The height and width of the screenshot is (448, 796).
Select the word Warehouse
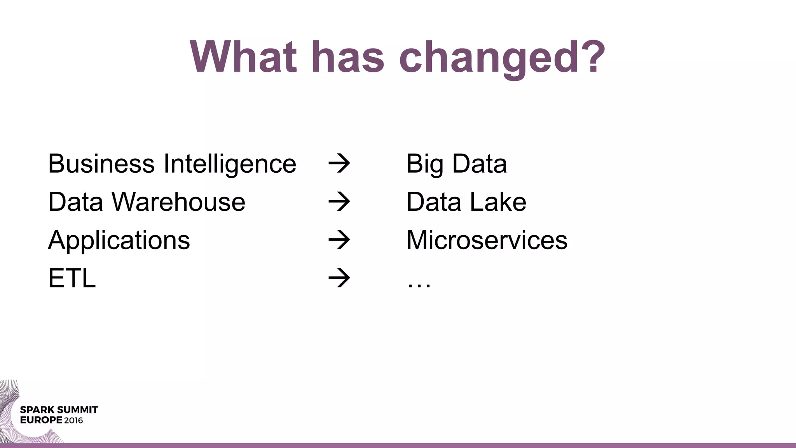coord(178,202)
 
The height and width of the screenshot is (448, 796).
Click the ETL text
coord(72,278)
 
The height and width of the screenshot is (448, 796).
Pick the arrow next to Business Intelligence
coord(339,164)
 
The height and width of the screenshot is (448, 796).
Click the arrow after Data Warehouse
coord(339,202)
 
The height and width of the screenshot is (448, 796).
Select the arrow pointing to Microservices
coord(339,240)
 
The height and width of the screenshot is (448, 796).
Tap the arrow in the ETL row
coord(339,278)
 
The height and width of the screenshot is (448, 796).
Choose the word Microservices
coord(487,240)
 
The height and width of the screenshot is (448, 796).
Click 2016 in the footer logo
coord(73,420)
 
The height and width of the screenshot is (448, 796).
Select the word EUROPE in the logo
coord(41,420)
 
